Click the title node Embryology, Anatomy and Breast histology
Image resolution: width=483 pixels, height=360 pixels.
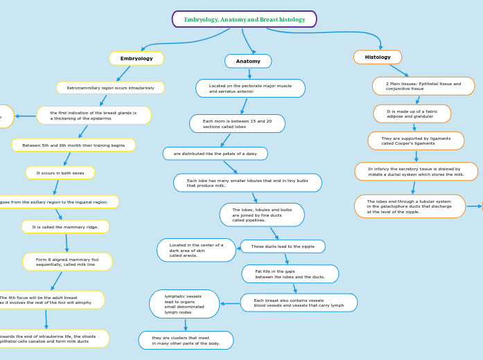[x=244, y=19]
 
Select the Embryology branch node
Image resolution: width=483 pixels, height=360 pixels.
[x=137, y=59]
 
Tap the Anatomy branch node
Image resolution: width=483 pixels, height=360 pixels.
[x=248, y=62]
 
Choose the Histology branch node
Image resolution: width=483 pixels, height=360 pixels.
[x=378, y=57]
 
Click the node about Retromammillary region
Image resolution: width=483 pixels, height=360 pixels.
[x=110, y=88]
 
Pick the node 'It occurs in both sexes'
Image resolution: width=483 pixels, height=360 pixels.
[x=60, y=173]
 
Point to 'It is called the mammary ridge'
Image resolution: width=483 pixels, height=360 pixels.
[x=65, y=227]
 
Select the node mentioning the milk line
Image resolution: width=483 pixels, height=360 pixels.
[x=67, y=262]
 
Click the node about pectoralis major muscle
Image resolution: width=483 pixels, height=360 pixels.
[x=250, y=89]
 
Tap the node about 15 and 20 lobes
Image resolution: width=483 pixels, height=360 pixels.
[x=237, y=124]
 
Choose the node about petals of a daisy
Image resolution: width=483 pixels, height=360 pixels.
[x=215, y=154]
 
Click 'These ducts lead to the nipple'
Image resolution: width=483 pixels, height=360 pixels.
[x=283, y=246]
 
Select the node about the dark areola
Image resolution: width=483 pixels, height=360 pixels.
[x=196, y=250]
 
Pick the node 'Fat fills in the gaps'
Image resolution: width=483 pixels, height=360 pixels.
[x=290, y=274]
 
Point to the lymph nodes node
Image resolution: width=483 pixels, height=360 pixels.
[x=184, y=304]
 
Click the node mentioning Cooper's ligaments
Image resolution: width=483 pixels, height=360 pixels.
[x=416, y=141]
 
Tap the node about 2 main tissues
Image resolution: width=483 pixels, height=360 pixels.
[x=423, y=87]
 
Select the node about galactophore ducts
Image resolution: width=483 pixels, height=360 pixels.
[x=410, y=206]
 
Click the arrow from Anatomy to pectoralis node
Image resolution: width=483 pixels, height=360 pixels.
[x=249, y=73]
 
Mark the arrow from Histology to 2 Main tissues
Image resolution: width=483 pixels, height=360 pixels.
[x=399, y=70]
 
